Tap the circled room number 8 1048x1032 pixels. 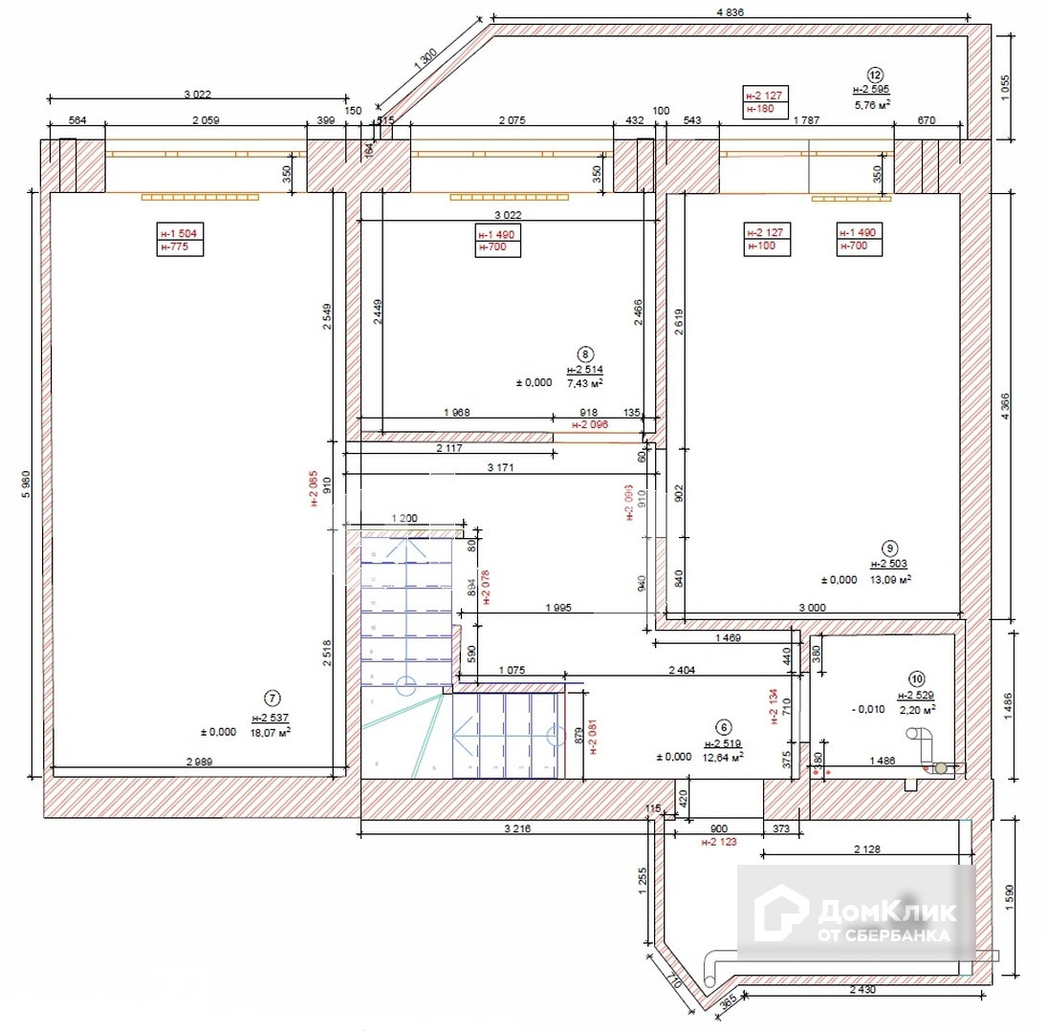[586, 352]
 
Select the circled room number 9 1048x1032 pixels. [889, 548]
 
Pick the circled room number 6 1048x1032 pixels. [723, 725]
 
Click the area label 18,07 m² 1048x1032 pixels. [270, 732]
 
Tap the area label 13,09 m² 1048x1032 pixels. [889, 578]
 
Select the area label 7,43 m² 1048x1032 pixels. [585, 382]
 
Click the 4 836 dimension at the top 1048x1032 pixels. [730, 11]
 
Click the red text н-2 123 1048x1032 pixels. [718, 843]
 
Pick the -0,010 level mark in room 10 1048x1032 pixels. [868, 709]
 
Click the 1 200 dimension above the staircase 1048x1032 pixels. [405, 517]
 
